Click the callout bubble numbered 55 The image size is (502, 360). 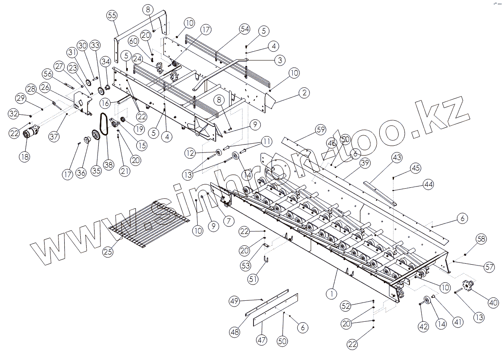[112, 16]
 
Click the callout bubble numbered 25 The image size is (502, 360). [108, 252]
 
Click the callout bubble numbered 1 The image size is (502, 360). [332, 293]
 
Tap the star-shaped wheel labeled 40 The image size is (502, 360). [468, 286]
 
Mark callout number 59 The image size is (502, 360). [321, 130]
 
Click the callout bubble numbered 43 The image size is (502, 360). [397, 158]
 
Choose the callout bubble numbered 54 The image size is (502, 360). [245, 29]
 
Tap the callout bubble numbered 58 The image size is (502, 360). [481, 239]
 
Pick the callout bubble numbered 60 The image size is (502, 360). [133, 41]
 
